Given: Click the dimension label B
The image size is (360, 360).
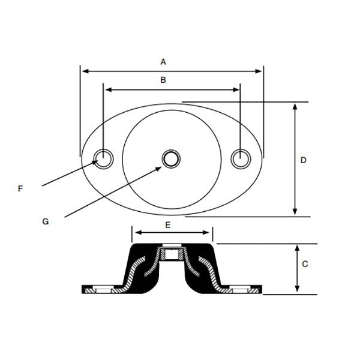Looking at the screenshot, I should point(163,79).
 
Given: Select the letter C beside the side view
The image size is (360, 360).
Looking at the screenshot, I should point(304,263).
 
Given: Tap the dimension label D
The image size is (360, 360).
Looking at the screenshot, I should point(304,160).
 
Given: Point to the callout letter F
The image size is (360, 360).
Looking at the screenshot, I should point(20,188).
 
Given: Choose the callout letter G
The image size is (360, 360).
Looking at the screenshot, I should point(45,221).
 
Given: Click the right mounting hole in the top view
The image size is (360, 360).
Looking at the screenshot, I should point(240,158).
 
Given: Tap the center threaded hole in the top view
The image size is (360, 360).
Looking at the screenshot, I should point(171,158).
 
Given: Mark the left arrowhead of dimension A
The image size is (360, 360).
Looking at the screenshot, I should point(85,71).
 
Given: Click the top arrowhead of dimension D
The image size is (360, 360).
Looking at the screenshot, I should point(295,106).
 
